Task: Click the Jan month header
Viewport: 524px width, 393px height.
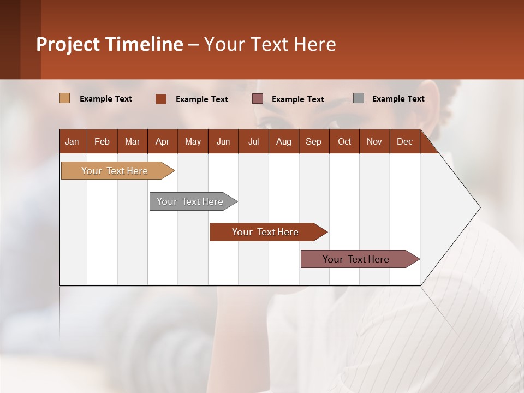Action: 72,141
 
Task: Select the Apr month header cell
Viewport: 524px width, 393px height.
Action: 162,141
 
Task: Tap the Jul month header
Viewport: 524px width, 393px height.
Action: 253,141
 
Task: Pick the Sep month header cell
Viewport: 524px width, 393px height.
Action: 313,141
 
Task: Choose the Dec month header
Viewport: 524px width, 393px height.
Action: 404,141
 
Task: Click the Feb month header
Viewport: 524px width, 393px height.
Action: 102,141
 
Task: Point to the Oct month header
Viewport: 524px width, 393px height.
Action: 344,141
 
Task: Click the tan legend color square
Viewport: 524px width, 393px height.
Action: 64,98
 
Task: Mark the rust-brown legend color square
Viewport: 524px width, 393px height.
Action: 161,99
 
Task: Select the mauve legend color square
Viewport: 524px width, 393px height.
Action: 258,98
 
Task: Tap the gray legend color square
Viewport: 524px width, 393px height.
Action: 359,98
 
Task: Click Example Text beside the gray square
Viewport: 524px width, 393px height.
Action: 398,99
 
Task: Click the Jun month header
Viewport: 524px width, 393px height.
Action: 223,141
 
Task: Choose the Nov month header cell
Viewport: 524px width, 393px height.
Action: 374,141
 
